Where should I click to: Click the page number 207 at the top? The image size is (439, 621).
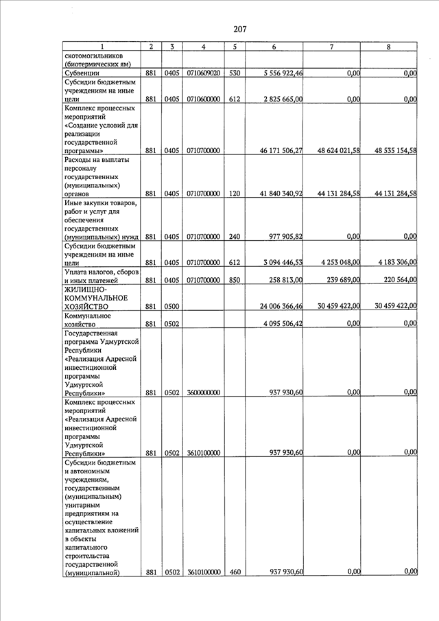coord(239,29)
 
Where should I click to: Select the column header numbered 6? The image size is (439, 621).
coord(274,47)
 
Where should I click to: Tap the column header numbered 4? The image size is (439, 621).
coord(203,47)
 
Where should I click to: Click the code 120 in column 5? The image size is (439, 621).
coord(235,194)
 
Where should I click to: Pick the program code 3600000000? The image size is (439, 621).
coord(203,392)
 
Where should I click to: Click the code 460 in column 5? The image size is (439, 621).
coord(235,572)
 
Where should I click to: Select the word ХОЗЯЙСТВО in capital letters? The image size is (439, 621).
coord(91,307)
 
